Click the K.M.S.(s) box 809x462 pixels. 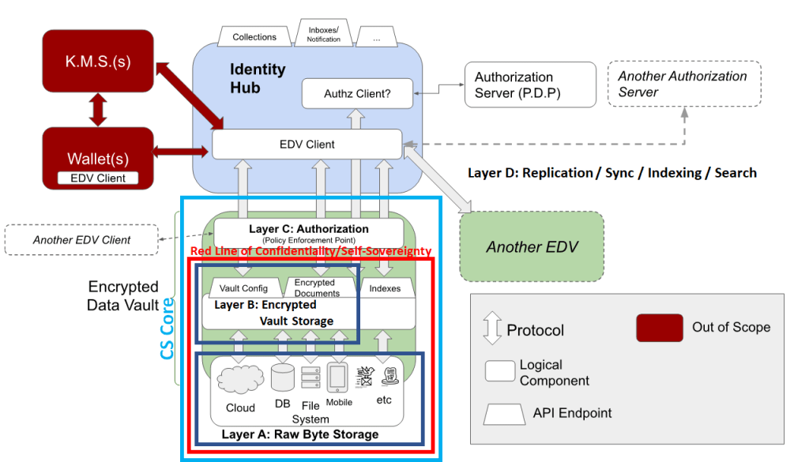pyautogui.click(x=98, y=60)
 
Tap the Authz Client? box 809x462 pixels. pyautogui.click(x=357, y=95)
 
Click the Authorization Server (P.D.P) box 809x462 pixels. pyautogui.click(x=529, y=85)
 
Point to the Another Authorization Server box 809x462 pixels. pyautogui.click(x=683, y=85)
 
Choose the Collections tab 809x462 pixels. pyautogui.click(x=254, y=37)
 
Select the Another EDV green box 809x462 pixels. pyautogui.click(x=532, y=246)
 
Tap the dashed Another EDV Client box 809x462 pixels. pyautogui.click(x=82, y=240)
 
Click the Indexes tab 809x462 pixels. pyautogui.click(x=385, y=288)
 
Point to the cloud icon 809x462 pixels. pyautogui.click(x=239, y=379)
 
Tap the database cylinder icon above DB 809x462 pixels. pyautogui.click(x=282, y=377)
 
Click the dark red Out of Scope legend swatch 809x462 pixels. pyautogui.click(x=659, y=328)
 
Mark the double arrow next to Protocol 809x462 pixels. pyautogui.click(x=491, y=328)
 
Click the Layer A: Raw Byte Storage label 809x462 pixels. pyautogui.click(x=299, y=434)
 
